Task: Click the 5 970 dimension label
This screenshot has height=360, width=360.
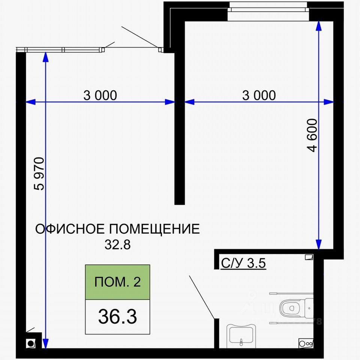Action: [x=39, y=174]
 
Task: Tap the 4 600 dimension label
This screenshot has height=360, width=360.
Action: [x=312, y=135]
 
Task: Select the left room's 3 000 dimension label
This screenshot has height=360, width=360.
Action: [x=100, y=95]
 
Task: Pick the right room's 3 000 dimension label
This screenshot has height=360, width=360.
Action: [x=259, y=95]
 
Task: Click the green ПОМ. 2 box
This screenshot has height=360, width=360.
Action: [x=117, y=282]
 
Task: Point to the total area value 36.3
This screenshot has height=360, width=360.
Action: [x=117, y=316]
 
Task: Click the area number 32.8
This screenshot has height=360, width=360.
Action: [x=117, y=245]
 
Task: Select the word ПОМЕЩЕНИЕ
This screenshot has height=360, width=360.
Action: [x=154, y=229]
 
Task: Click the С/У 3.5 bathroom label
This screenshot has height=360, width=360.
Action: [x=243, y=263]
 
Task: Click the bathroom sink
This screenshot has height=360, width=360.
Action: [x=241, y=336]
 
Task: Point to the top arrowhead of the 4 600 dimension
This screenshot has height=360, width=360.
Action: [x=319, y=26]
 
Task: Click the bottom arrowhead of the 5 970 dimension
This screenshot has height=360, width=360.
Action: [x=46, y=343]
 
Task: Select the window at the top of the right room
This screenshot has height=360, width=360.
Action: [x=268, y=11]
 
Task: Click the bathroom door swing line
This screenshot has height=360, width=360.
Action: [x=202, y=297]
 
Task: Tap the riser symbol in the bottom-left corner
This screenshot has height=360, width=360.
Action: [x=30, y=344]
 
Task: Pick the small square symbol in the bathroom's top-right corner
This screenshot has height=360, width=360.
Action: [x=309, y=257]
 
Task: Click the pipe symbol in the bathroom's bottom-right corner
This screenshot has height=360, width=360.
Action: [x=306, y=343]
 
